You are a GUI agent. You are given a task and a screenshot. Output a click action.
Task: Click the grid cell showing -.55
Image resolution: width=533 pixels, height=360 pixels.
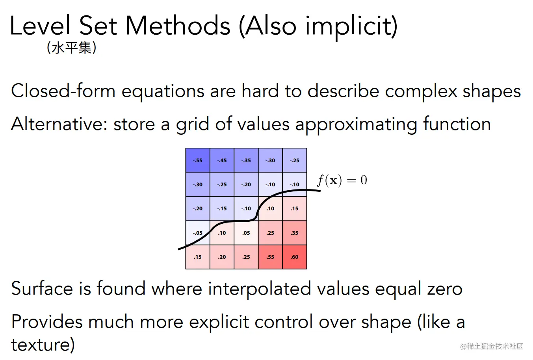pos(198,160)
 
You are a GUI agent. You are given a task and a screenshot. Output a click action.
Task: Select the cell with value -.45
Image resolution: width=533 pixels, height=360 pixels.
pos(222,160)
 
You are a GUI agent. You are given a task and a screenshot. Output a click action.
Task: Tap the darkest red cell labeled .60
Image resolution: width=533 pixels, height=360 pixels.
pos(295,257)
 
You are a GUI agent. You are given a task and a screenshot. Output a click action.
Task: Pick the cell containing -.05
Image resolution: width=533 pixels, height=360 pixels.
pos(198,233)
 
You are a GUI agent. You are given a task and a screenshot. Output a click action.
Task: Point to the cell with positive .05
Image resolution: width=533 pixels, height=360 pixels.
pos(246,233)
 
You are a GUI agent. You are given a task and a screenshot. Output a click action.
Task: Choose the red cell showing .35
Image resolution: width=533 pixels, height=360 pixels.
pos(295,233)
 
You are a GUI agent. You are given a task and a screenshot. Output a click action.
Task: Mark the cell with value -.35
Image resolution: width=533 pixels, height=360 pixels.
pos(246,160)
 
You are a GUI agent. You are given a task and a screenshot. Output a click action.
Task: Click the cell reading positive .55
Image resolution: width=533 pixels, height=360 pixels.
pos(270,257)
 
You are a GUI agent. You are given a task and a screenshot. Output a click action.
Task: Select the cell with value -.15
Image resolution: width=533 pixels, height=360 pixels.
pos(222,208)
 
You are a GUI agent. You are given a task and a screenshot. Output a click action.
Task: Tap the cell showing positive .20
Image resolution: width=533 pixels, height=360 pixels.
pos(222,257)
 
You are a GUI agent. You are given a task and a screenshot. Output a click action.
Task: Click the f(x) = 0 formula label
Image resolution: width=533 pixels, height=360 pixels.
pos(342,180)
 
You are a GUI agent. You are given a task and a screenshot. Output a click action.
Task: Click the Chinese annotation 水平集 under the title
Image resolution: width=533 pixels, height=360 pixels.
pos(72,48)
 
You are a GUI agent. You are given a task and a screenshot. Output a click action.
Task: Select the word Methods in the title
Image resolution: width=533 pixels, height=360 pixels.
pos(178,26)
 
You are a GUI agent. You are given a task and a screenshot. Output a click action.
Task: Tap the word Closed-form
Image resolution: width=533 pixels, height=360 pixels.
pos(63,91)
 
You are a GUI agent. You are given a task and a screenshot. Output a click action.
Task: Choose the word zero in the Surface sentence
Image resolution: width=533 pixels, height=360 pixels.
pos(445,288)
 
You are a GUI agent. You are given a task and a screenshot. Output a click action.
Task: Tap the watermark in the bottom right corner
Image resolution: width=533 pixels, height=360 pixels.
pos(492,346)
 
